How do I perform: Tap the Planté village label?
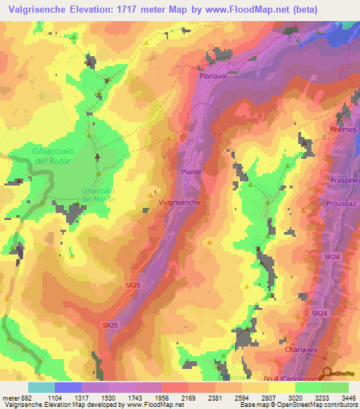tap(191, 171)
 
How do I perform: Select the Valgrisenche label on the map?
tap(181, 202)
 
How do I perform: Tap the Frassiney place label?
tap(345, 180)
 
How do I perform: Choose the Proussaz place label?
tap(342, 204)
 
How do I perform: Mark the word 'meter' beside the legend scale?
tap(11, 397)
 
